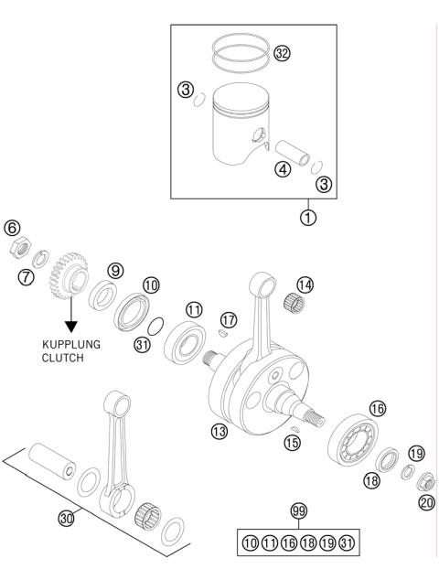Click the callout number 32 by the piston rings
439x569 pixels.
(x=282, y=54)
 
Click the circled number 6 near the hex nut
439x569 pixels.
(x=12, y=228)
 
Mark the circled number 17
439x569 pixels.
(x=229, y=320)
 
